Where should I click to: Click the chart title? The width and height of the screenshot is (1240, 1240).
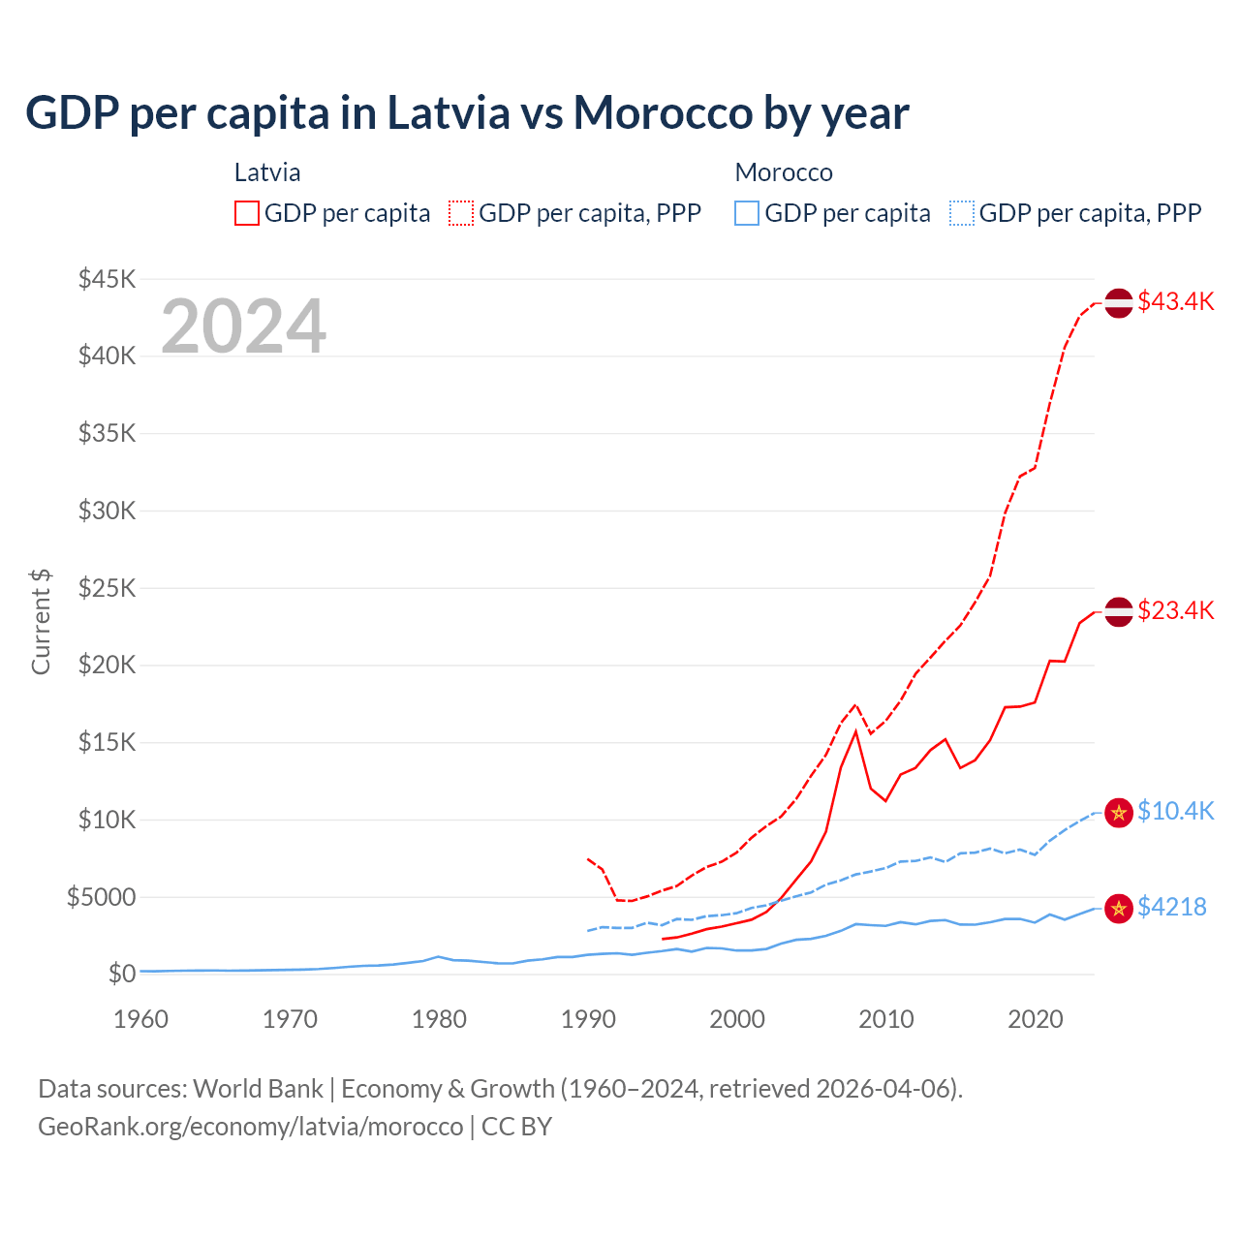(x=467, y=112)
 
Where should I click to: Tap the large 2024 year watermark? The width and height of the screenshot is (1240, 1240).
(x=243, y=326)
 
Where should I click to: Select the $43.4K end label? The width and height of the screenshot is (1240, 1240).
(x=1175, y=301)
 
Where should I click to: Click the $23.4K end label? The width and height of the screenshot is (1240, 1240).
(x=1175, y=610)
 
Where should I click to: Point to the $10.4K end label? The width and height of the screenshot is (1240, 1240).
(x=1175, y=811)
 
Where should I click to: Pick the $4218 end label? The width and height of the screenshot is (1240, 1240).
(x=1171, y=907)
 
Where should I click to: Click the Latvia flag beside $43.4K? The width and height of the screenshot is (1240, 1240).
(x=1119, y=302)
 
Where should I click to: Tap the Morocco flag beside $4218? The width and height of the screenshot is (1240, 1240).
(x=1119, y=908)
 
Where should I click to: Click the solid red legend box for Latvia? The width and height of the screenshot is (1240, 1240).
(x=247, y=213)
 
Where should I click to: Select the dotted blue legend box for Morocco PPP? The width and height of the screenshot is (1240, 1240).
(x=962, y=213)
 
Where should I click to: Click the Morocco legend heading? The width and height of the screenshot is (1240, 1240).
(x=784, y=172)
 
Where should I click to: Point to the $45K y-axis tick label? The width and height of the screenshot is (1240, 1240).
(x=108, y=279)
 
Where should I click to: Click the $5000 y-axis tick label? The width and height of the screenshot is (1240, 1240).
(x=102, y=897)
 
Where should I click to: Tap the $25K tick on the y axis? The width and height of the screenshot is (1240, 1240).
(x=108, y=588)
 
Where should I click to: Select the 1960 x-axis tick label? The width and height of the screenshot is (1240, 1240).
(x=141, y=1019)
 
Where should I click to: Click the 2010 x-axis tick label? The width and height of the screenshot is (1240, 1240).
(x=886, y=1019)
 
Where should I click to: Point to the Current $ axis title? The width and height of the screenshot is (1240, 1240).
(x=41, y=622)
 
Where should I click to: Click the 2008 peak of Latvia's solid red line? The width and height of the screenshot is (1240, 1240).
(x=855, y=731)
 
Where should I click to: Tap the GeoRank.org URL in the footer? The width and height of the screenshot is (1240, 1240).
(x=251, y=1127)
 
